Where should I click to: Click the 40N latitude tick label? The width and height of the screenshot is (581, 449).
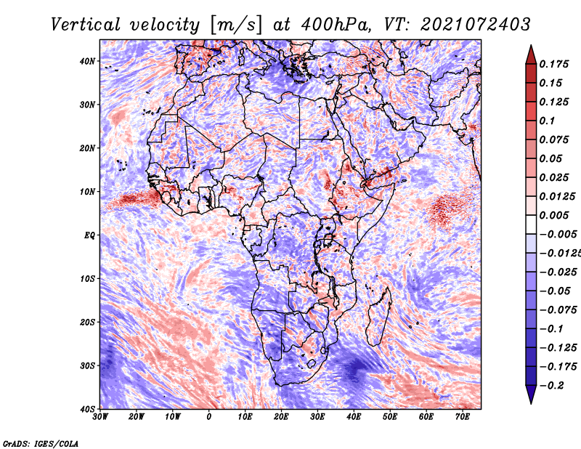[x=87, y=61]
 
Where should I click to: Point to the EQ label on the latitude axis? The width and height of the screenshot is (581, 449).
[x=89, y=235]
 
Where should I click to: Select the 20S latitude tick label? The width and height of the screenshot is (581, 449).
[x=87, y=322]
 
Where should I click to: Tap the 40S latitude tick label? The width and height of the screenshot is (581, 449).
[x=87, y=409]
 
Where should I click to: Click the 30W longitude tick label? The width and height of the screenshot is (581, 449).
[x=100, y=417]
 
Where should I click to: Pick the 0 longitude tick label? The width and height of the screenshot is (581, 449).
[x=209, y=417]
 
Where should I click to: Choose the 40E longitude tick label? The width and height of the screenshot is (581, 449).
[x=354, y=417]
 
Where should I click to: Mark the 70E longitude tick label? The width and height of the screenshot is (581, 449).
[x=463, y=417]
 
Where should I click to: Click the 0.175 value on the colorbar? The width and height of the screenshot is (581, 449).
[x=553, y=64]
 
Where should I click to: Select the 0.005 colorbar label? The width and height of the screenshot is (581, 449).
[x=553, y=215]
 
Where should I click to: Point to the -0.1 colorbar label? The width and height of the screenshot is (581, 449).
[x=551, y=328]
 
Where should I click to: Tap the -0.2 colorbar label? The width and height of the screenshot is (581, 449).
[x=551, y=385]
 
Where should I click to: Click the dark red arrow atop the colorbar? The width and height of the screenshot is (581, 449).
[x=531, y=56]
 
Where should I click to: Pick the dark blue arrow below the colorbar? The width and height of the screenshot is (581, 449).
[x=531, y=394]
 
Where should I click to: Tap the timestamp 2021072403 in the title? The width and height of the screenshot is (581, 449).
[x=476, y=25]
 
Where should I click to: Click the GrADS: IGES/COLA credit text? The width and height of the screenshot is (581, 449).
[x=41, y=443]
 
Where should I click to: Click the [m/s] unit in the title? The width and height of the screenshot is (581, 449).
[x=237, y=25]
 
